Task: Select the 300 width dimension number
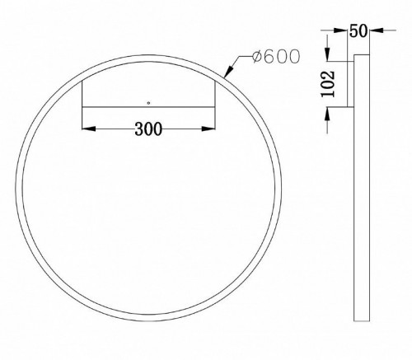[x=147, y=129]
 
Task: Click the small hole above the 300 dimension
[x=148, y=104]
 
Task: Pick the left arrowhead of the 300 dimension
[x=87, y=129]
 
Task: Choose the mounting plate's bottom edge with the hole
[x=148, y=107]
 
